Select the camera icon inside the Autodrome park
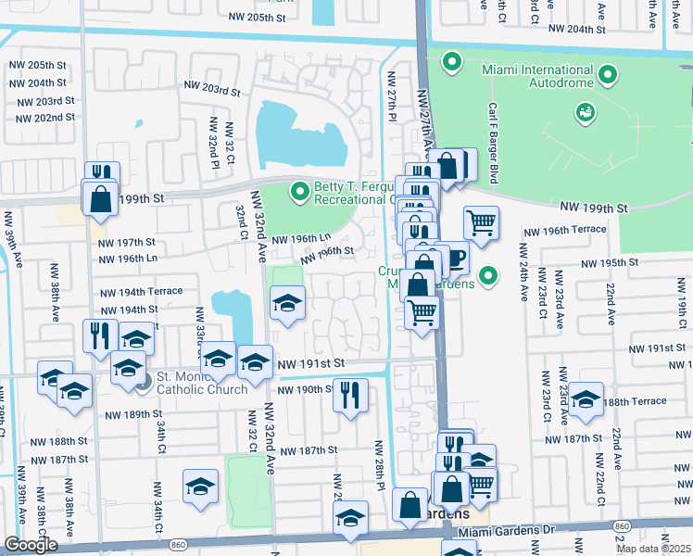click(586, 112)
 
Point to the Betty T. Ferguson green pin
click(298, 192)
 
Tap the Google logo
click(30, 545)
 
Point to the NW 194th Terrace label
click(141, 291)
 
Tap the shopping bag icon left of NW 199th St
click(99, 198)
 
